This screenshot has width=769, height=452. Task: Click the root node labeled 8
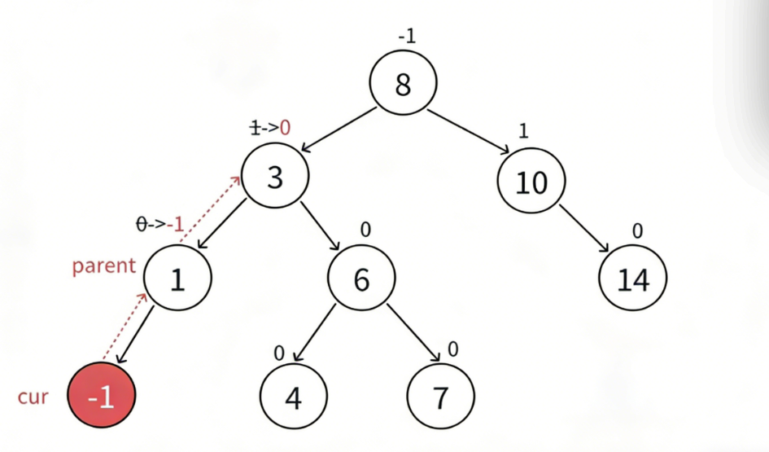[x=403, y=84]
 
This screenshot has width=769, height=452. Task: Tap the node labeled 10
[x=532, y=182]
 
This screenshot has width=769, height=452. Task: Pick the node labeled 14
[x=633, y=279]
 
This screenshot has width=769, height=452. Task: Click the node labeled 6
[x=361, y=279]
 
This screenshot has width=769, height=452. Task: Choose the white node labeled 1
[x=177, y=279]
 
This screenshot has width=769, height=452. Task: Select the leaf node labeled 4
[x=293, y=397]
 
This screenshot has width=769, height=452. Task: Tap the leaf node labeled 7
[x=439, y=397]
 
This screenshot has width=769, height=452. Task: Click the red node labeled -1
[x=102, y=397]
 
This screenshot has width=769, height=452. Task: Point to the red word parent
[x=103, y=266]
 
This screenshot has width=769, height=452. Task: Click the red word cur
[x=33, y=397]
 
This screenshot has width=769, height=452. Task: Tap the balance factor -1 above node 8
[x=407, y=37]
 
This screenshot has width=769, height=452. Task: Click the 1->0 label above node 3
[x=269, y=127]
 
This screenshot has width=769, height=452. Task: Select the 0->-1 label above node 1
[x=161, y=224]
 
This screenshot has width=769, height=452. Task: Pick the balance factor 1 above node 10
[x=523, y=131]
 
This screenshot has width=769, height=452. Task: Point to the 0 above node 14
[x=637, y=231]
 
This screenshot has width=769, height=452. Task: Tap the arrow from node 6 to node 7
[x=413, y=331]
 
